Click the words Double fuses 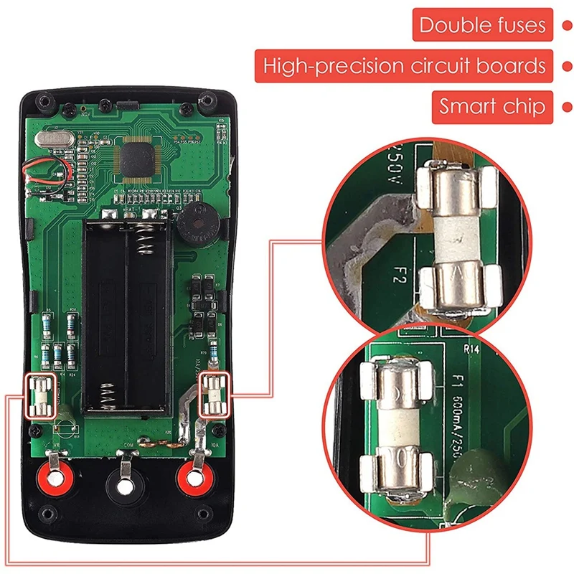pos(482,26)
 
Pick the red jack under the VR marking pos(54,476)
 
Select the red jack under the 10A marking pos(193,476)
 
